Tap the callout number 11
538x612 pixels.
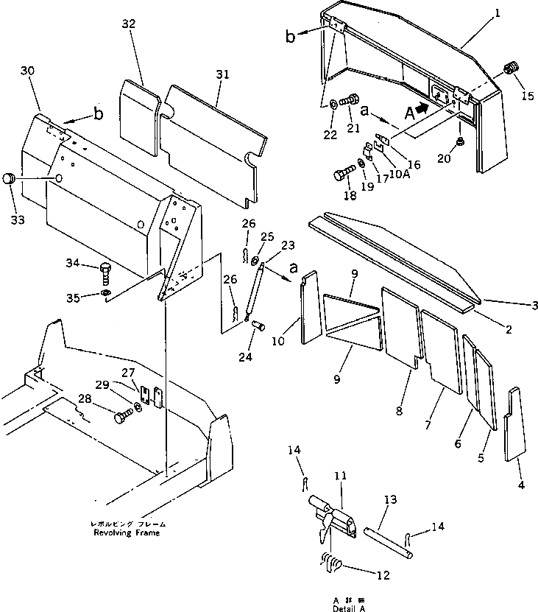coord(339,478)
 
